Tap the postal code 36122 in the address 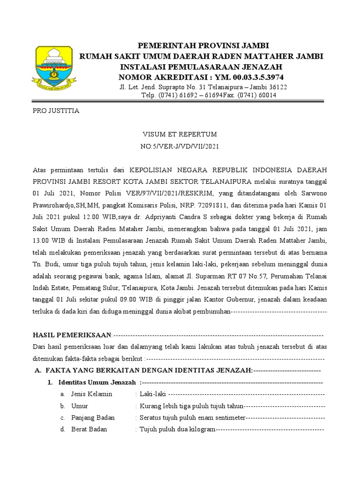pos(277,87)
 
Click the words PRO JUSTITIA pos(56,111)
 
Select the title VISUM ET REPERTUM pos(180,135)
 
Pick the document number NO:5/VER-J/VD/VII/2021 pos(180,146)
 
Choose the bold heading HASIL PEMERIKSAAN pos(72,335)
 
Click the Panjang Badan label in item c pos(93,418)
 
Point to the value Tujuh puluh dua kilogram pos(176,429)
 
